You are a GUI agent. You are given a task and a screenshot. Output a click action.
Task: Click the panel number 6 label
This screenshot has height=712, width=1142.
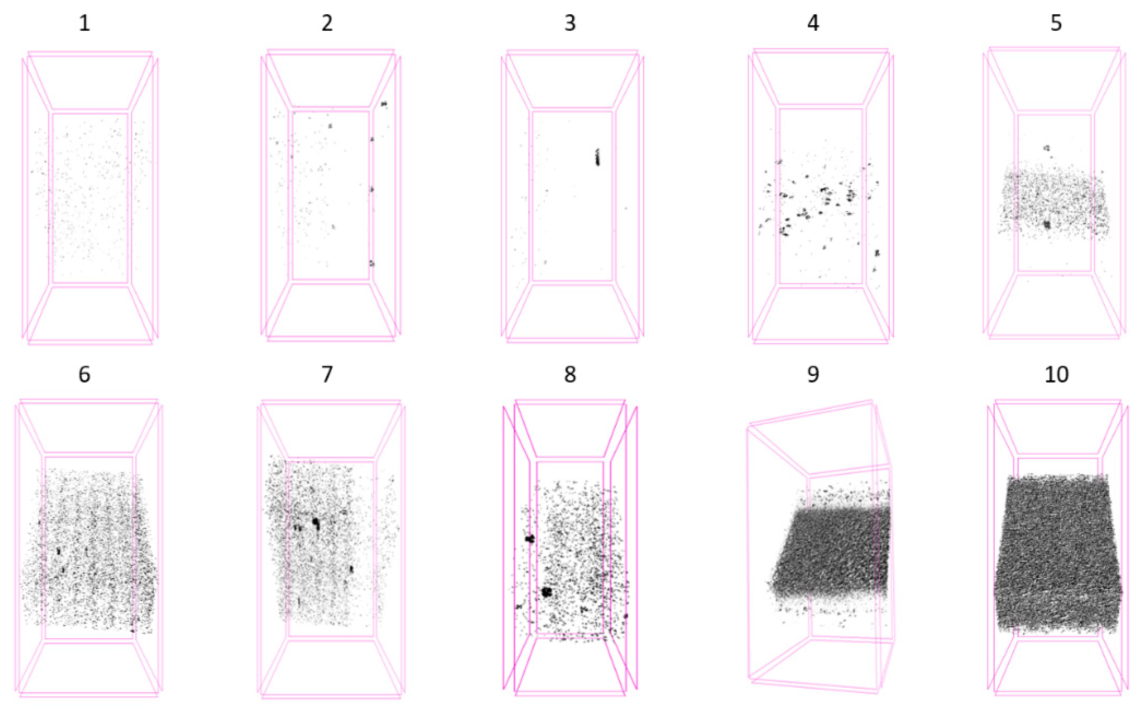click(x=84, y=374)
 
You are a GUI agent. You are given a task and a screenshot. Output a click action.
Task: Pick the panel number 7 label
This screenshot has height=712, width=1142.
click(x=327, y=374)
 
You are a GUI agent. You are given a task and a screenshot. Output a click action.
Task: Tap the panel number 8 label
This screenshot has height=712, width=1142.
click(x=570, y=374)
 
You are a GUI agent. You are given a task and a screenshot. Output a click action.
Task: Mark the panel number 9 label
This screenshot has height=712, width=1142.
click(x=813, y=374)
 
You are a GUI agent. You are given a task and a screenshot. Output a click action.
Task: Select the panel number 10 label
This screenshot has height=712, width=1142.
click(x=1056, y=374)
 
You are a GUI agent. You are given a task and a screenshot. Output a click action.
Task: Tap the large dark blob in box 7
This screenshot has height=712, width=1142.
click(x=315, y=522)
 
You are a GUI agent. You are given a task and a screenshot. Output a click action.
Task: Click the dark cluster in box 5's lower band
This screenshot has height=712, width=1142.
click(x=1047, y=225)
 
